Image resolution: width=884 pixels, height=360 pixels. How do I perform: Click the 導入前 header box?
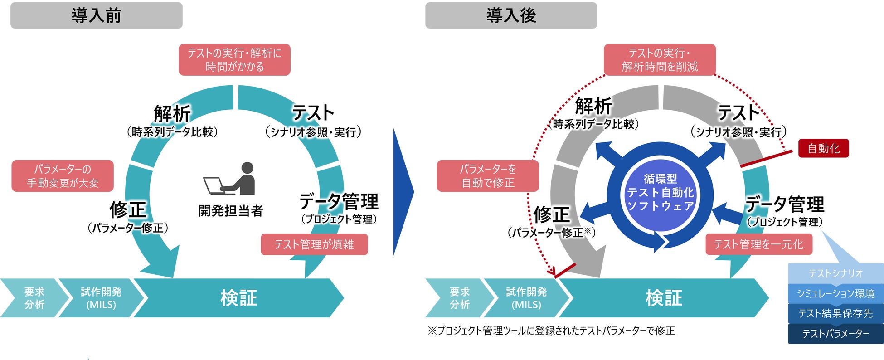point(96,15)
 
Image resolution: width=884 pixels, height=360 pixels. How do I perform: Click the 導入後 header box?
point(511,15)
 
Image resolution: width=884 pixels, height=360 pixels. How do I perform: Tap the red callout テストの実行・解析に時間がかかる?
point(234,60)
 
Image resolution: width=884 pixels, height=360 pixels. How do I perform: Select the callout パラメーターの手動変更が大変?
point(63,176)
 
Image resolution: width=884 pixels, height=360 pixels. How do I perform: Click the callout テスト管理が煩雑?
point(314,244)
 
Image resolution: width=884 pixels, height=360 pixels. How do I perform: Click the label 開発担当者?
point(230,211)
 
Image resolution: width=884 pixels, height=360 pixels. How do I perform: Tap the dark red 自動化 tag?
point(823,148)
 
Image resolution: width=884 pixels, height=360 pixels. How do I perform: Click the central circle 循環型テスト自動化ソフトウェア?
point(660,193)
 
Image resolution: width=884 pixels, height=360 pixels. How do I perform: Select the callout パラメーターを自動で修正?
point(488,176)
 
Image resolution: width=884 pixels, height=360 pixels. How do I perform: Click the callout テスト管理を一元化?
point(758,244)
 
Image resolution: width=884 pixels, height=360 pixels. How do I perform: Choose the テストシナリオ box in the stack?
point(835,273)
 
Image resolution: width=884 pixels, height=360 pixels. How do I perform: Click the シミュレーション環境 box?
point(835,293)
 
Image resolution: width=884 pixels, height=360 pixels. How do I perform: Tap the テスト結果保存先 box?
point(835,313)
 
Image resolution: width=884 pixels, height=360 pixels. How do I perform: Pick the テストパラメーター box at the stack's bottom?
point(835,334)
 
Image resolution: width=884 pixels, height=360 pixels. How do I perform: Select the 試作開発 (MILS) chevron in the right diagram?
point(526,298)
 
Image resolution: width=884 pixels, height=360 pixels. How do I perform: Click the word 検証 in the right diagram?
point(664,298)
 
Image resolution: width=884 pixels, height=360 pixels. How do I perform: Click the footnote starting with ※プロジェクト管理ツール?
point(551,331)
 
